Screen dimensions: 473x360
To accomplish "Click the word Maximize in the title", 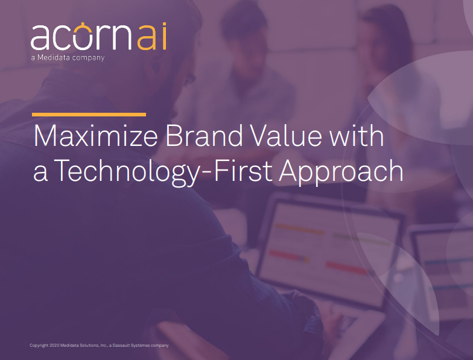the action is [x=95, y=136].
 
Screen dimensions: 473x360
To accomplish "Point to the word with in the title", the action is [x=357, y=136].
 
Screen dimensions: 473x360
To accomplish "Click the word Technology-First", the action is [x=164, y=171].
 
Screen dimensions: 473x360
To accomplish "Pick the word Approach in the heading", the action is [x=341, y=171].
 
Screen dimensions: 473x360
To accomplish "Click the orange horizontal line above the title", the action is [x=89, y=115].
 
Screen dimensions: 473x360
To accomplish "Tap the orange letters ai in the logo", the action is [x=152, y=37].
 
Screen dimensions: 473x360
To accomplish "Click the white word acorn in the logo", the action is [x=81, y=37].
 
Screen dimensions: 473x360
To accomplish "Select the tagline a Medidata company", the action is [x=68, y=58].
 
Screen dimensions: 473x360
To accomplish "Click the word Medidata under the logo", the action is [x=54, y=57].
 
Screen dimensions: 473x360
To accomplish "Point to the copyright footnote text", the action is [x=99, y=345].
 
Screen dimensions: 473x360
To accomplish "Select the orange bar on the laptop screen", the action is [x=300, y=229].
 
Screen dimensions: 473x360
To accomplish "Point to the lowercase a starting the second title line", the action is [x=40, y=174].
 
